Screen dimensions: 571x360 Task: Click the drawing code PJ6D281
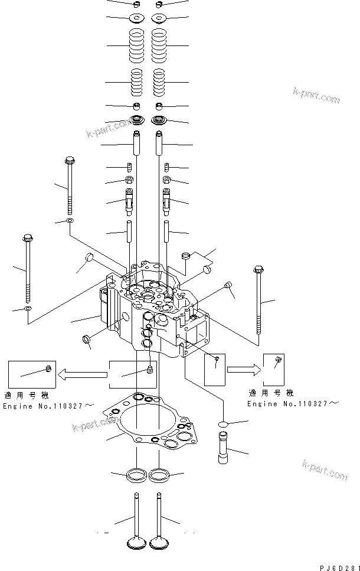click(x=339, y=567)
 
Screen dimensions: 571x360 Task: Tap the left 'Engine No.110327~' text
click(x=48, y=406)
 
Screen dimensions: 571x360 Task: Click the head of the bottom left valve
click(x=136, y=543)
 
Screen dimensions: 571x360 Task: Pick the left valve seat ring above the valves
click(x=136, y=473)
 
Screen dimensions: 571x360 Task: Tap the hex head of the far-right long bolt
click(x=257, y=270)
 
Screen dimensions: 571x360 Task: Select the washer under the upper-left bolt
click(x=70, y=221)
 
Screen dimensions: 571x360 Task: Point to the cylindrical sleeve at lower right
click(x=224, y=449)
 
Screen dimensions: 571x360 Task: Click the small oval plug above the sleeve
click(x=223, y=423)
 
